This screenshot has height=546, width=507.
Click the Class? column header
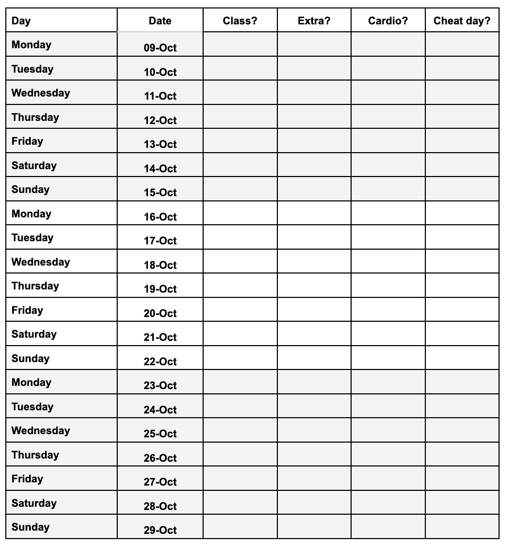coord(240,21)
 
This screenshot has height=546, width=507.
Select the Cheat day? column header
coord(462,21)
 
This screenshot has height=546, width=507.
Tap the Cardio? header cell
coord(388,21)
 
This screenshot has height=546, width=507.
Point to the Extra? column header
coord(314,21)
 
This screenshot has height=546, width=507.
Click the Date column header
coord(160,21)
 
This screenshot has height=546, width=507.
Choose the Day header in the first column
coord(21,21)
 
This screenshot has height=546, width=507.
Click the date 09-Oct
coord(160,48)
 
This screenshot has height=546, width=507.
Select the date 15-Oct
coord(160,192)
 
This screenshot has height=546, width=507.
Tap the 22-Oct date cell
coord(160,362)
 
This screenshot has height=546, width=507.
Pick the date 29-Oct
coord(160,530)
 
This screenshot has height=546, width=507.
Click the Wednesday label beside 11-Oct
coord(41,93)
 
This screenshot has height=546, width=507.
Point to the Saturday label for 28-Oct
coord(34,503)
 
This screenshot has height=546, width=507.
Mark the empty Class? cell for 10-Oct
coord(240,68)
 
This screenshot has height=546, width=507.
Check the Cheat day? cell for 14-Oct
coord(462,165)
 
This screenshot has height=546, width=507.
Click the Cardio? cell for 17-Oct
coord(388,237)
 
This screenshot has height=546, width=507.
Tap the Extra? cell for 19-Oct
coord(314,285)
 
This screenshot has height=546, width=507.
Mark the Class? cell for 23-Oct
coord(240,382)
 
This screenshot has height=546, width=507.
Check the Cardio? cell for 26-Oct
coord(388,454)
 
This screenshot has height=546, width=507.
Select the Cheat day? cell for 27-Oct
coord(462,478)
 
